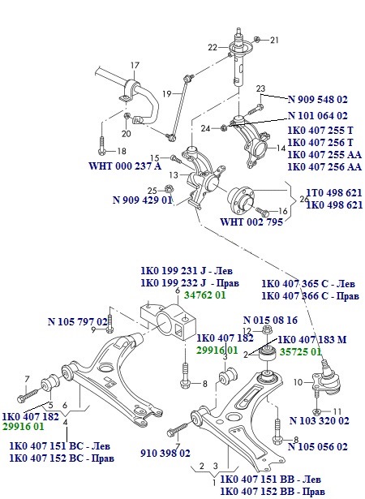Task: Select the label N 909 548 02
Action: (x=317, y=103)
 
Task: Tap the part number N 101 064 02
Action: (x=317, y=116)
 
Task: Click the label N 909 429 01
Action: (x=142, y=199)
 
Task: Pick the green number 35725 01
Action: (x=301, y=352)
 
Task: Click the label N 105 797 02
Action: (x=78, y=322)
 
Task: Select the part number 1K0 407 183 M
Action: (x=313, y=340)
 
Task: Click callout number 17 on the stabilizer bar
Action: (x=135, y=64)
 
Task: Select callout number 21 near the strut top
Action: (x=273, y=40)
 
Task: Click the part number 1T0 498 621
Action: (x=333, y=193)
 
